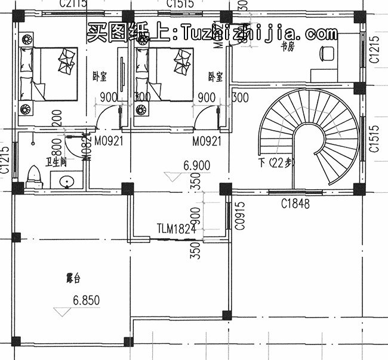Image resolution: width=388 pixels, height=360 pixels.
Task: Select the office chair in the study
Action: click(x=326, y=53)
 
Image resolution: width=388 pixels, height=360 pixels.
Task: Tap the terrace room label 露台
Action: click(x=73, y=278)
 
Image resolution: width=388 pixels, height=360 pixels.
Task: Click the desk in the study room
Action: click(x=325, y=75)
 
